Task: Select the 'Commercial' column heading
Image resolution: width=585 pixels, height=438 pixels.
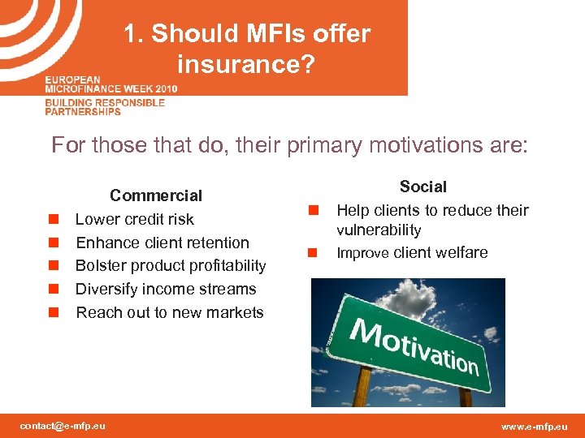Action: [156, 195]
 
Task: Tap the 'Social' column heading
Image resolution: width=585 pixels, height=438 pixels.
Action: [422, 187]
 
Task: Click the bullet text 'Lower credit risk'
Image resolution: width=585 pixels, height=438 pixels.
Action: [135, 219]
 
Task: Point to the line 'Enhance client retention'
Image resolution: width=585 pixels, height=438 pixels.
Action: [162, 243]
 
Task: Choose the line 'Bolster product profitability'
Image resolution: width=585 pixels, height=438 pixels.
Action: [171, 266]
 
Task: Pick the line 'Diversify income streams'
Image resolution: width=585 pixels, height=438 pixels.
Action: [166, 290]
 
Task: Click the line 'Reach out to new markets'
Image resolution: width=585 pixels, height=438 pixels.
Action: [170, 313]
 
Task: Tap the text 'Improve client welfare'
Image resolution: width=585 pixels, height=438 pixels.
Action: [412, 253]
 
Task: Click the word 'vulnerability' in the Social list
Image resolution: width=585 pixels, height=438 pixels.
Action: [379, 230]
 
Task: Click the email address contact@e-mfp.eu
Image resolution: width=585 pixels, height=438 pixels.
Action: [63, 426]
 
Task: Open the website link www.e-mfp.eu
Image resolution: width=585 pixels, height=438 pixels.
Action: [535, 426]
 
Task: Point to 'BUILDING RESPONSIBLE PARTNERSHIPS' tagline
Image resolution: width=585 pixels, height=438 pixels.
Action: [105, 107]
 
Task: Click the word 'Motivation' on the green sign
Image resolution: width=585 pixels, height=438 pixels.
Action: [414, 345]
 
